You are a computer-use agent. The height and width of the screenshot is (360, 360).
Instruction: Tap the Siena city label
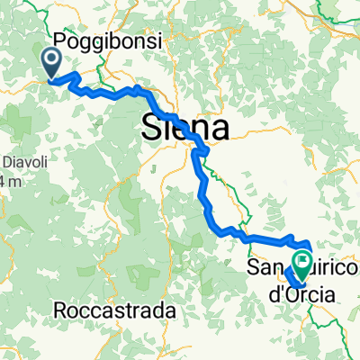pyautogui.click(x=184, y=127)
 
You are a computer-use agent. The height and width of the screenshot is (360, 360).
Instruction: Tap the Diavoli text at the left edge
pyautogui.click(x=20, y=164)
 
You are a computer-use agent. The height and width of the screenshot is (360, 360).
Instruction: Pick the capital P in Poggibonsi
pyautogui.click(x=60, y=40)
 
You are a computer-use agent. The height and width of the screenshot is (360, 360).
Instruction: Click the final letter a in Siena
pyautogui.click(x=219, y=129)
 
